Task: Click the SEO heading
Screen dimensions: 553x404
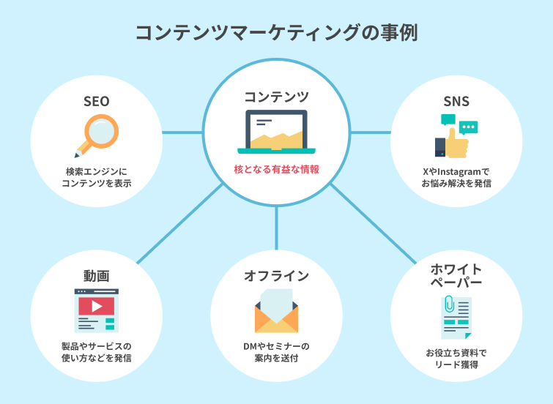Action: pyautogui.click(x=96, y=102)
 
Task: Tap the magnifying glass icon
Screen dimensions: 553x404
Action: pyautogui.click(x=97, y=135)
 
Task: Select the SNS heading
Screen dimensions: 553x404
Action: pyautogui.click(x=456, y=102)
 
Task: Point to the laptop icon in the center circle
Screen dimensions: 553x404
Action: pyautogui.click(x=277, y=132)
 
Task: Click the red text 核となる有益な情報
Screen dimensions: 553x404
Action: pyautogui.click(x=277, y=170)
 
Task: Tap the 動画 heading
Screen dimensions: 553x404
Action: pyautogui.click(x=96, y=276)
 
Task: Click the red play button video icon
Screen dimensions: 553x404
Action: pyautogui.click(x=97, y=307)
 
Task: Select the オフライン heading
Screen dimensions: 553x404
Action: pyautogui.click(x=277, y=276)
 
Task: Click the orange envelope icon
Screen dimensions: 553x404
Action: pyautogui.click(x=277, y=318)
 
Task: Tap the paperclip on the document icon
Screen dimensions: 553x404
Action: pyautogui.click(x=449, y=304)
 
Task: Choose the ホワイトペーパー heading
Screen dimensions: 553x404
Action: pyautogui.click(x=456, y=276)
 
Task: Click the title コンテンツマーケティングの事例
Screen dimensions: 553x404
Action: pyautogui.click(x=277, y=33)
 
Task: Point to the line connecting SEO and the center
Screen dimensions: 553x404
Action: pyautogui.click(x=182, y=132)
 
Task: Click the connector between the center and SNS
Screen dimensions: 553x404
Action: pyautogui.click(x=371, y=132)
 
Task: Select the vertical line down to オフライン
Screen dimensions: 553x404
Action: pyautogui.click(x=277, y=228)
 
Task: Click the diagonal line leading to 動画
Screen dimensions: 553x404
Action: pyautogui.click(x=180, y=223)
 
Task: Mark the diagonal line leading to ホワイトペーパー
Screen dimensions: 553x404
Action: pyautogui.click(x=373, y=223)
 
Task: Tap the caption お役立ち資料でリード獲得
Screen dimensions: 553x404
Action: pyautogui.click(x=456, y=359)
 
